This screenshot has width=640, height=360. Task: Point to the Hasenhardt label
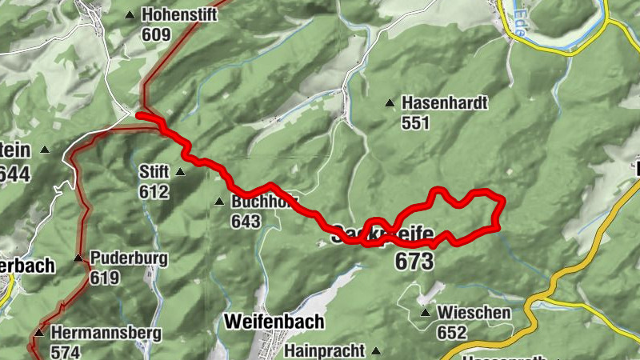(445, 103)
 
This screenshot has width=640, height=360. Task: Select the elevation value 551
(417, 123)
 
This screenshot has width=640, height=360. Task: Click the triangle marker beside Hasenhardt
(390, 102)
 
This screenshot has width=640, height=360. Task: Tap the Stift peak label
(154, 171)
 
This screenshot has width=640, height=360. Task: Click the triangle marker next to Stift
(180, 171)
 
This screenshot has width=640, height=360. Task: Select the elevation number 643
(246, 222)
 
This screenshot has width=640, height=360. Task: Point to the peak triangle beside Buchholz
(219, 201)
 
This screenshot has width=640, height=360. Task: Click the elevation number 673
(414, 261)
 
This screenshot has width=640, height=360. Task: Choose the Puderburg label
(128, 258)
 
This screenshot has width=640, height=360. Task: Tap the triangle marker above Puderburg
(78, 258)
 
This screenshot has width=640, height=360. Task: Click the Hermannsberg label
(106, 332)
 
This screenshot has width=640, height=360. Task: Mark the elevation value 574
(66, 350)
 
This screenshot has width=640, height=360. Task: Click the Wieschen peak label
(474, 313)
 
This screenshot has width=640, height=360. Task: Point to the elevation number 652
(453, 331)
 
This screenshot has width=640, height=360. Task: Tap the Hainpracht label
(324, 350)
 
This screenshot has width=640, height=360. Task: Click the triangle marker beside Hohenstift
(130, 14)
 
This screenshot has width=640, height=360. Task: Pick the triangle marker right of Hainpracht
(374, 350)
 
